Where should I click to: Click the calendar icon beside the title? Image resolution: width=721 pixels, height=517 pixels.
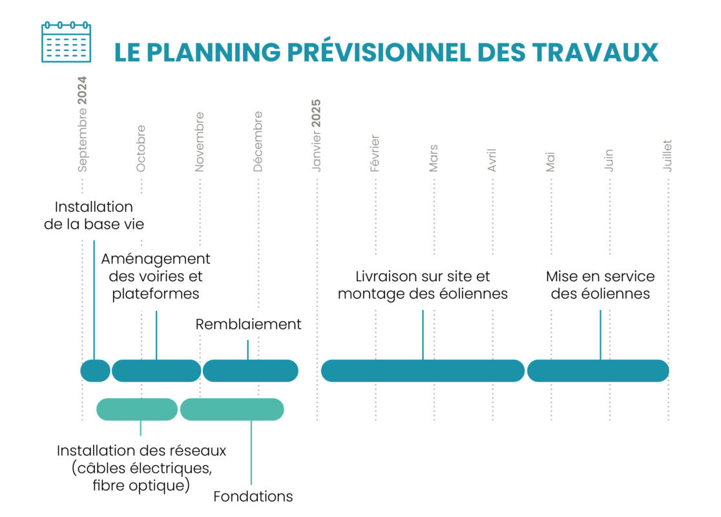[x=66, y=42]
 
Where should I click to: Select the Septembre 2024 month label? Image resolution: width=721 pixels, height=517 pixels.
[x=82, y=124]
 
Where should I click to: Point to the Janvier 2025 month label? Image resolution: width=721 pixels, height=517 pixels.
[x=317, y=136]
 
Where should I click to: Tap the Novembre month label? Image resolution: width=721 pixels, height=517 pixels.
[x=199, y=142]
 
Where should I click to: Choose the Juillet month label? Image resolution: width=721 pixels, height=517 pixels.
[x=667, y=156]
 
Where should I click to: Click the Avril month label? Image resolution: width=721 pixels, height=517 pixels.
[x=492, y=160]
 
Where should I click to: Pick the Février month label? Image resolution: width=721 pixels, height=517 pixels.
[x=375, y=153]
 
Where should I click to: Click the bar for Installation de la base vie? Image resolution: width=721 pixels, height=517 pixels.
[x=95, y=371]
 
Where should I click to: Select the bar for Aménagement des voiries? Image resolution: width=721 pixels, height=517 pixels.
[x=156, y=371]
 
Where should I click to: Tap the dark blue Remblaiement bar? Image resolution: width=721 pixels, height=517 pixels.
[x=251, y=371]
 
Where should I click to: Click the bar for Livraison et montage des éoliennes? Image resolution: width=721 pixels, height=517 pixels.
[x=423, y=371]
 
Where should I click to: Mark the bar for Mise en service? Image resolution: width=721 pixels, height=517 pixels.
[x=598, y=371]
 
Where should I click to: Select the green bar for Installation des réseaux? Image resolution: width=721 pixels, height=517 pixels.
[x=137, y=409]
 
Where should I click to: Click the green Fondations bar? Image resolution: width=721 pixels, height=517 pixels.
[x=232, y=409]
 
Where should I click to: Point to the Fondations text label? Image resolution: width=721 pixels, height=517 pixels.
[x=253, y=496]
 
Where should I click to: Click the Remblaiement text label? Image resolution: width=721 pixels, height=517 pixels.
[x=248, y=324]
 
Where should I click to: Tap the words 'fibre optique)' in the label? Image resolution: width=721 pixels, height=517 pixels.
[x=141, y=486]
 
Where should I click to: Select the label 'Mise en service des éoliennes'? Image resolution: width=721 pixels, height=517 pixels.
[x=600, y=285]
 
